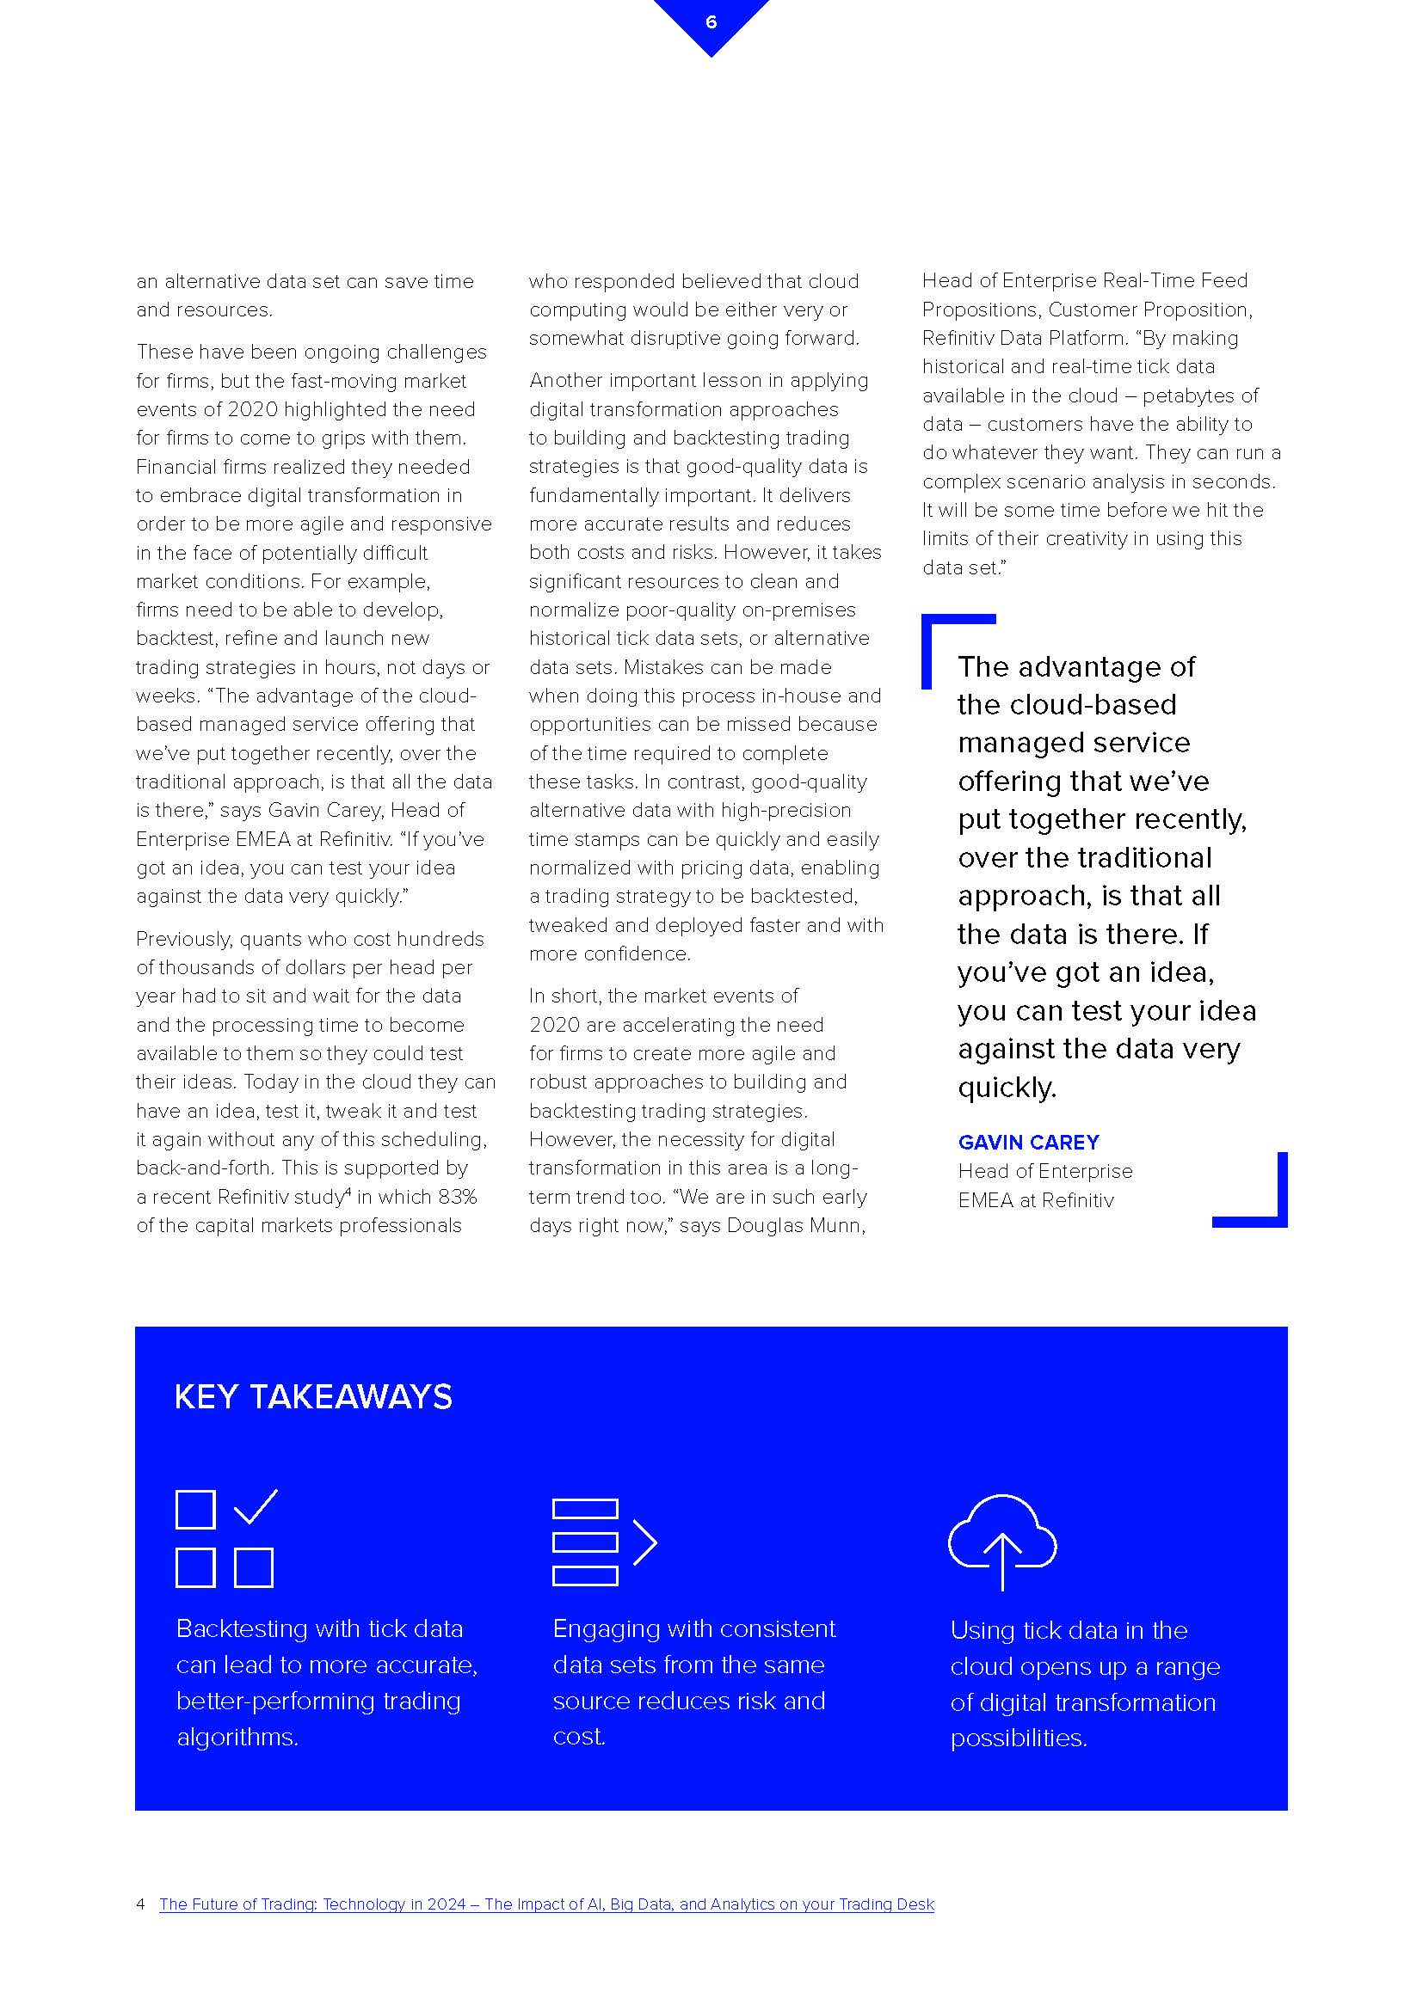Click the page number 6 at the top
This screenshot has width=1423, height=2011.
(711, 21)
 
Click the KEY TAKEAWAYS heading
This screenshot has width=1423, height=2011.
(313, 1396)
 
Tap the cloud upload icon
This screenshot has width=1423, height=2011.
(1001, 1541)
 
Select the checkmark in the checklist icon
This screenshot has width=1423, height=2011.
(256, 1506)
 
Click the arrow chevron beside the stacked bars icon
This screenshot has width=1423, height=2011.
(645, 1542)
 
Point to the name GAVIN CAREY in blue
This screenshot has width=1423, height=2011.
(1028, 1142)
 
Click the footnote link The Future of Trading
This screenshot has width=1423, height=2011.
(546, 1904)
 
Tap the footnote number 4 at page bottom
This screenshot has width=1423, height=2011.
(140, 1904)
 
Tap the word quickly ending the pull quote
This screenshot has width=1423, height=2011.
(1007, 1088)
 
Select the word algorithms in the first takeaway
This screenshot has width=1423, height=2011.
(237, 1737)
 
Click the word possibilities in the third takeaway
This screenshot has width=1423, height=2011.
(1018, 1738)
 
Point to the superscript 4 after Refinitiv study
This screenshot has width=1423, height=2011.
(348, 1191)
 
